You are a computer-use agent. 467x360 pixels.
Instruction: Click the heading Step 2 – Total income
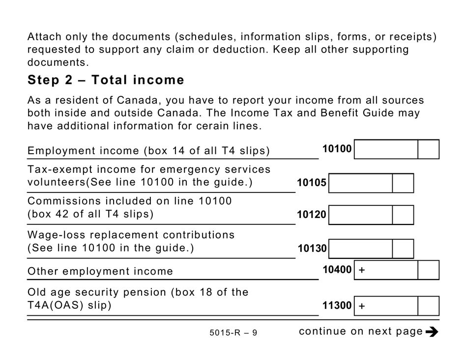coord(106,80)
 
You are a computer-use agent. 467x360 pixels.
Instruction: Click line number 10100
coord(337,149)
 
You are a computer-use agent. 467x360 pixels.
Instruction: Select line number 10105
coord(311,183)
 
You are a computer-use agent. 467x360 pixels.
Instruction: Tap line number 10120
coord(311,215)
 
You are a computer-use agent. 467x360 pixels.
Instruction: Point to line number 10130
coord(312,249)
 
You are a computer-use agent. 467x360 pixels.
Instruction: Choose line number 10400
coord(337,270)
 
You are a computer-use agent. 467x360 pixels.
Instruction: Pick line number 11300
coord(337,306)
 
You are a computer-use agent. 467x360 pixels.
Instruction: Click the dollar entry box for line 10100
coord(386,149)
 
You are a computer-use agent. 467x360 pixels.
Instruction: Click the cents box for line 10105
coord(403,183)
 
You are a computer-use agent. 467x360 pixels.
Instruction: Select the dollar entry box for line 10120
coord(360,215)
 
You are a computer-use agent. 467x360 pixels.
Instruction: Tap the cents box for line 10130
coord(403,249)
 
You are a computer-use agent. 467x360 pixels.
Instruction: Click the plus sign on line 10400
coord(362,270)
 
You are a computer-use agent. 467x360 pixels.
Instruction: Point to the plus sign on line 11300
coord(362,306)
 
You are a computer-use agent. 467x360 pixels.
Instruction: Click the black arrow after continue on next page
coord(432,332)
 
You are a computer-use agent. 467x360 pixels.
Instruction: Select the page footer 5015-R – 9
coord(233,333)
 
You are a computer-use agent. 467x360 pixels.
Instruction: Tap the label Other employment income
coord(100,271)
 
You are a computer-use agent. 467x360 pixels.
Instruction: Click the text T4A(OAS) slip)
coord(69,305)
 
